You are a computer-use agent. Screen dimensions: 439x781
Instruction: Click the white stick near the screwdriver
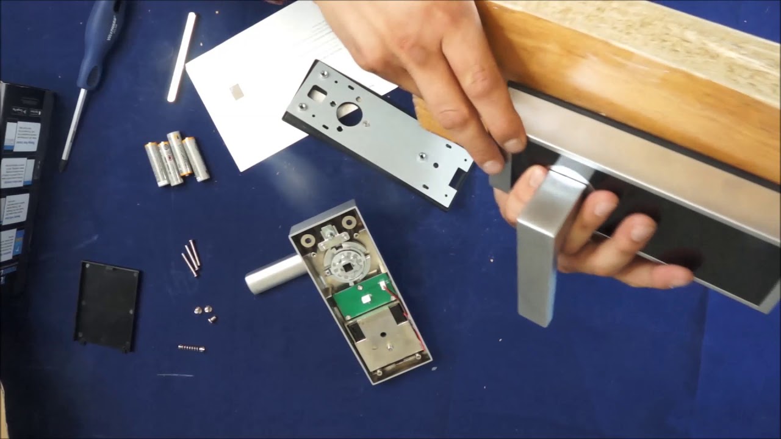(182, 56)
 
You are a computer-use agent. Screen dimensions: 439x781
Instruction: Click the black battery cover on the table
(107, 305)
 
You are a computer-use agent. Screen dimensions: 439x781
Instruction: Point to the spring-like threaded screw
(191, 348)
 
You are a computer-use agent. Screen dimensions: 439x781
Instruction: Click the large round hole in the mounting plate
(349, 115)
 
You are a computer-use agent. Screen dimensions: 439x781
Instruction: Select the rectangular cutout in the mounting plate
(317, 93)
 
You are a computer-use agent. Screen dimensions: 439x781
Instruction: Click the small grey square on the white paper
(236, 91)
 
